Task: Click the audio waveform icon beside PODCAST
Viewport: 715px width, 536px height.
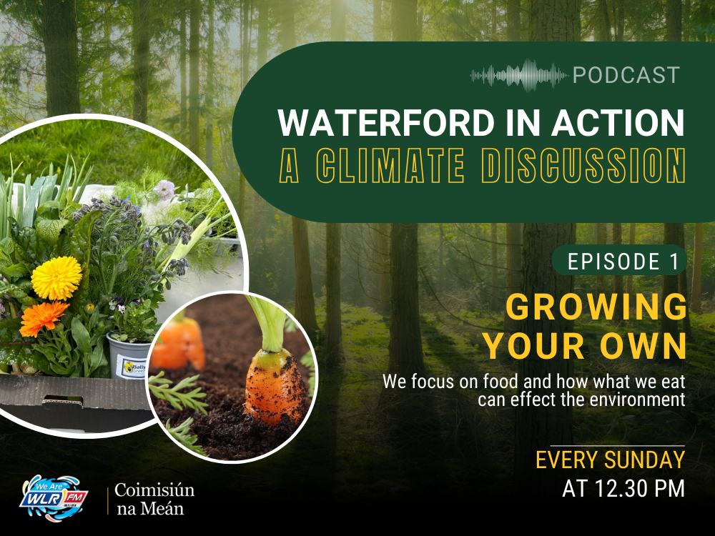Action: pyautogui.click(x=520, y=75)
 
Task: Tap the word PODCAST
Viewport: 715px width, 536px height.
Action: pyautogui.click(x=626, y=75)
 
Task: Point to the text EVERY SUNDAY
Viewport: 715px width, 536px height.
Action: pyautogui.click(x=610, y=460)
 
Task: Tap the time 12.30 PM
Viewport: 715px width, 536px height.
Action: pyautogui.click(x=623, y=489)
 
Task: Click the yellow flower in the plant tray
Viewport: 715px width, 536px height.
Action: pyautogui.click(x=56, y=278)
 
